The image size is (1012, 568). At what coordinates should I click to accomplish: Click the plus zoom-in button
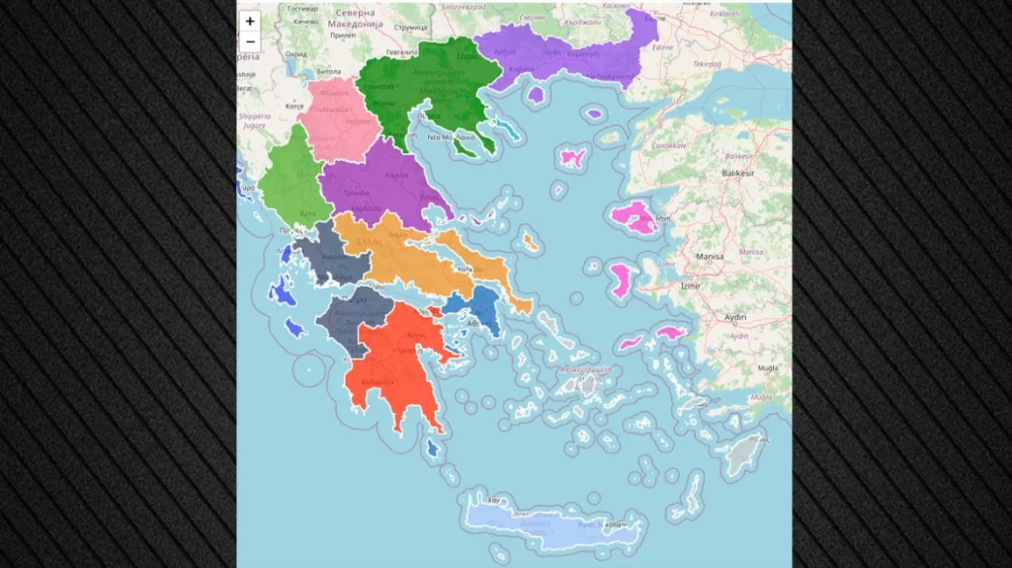[x=250, y=21]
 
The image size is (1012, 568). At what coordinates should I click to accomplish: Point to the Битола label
[x=329, y=72]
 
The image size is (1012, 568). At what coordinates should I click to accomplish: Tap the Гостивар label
[x=303, y=8]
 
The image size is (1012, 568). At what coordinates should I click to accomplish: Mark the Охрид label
[x=295, y=54]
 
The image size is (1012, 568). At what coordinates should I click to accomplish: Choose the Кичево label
[x=305, y=21]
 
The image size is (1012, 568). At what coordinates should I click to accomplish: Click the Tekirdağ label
[x=707, y=63]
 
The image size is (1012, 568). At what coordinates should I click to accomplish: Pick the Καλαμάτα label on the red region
[x=379, y=380]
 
